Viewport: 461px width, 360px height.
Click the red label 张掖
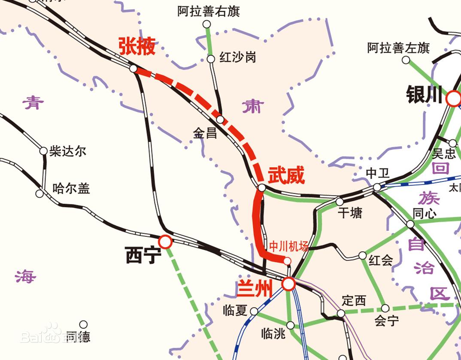coord(136,46)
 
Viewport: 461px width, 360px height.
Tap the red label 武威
coord(286,175)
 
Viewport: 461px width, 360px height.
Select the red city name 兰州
coord(255,288)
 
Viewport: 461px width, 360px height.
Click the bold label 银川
coord(424,96)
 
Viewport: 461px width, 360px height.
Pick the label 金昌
coord(205,133)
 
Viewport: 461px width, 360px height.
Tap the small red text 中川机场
coord(289,247)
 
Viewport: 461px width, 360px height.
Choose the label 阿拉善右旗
coord(208,11)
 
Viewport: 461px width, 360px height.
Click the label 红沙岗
coord(237,57)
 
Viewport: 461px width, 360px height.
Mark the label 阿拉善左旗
coord(398,48)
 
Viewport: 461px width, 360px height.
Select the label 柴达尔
coord(68,151)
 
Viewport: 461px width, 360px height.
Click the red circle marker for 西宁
coord(165,242)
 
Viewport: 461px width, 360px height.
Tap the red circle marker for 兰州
coord(288,284)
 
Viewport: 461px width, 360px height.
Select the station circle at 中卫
coord(377,187)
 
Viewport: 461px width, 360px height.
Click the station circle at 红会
coord(362,256)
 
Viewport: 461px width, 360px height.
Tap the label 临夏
coord(235,310)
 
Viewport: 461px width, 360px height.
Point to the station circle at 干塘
coord(340,202)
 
